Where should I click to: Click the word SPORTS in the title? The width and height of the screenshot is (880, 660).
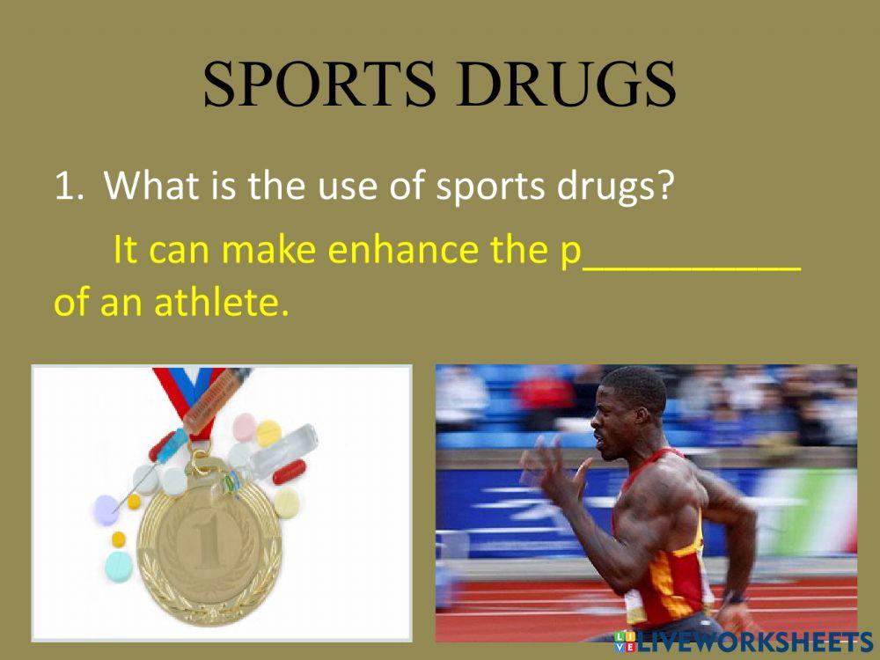coord(317,85)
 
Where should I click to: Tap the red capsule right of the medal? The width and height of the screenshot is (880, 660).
coord(290,473)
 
